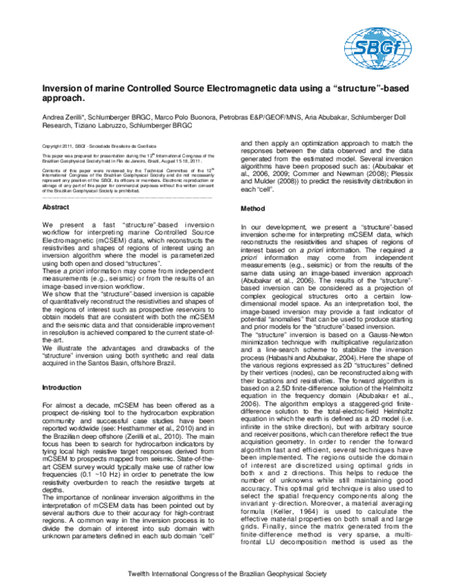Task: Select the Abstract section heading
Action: pyautogui.click(x=57, y=207)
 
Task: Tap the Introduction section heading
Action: pyautogui.click(x=63, y=408)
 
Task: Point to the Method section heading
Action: pyautogui.click(x=252, y=208)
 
